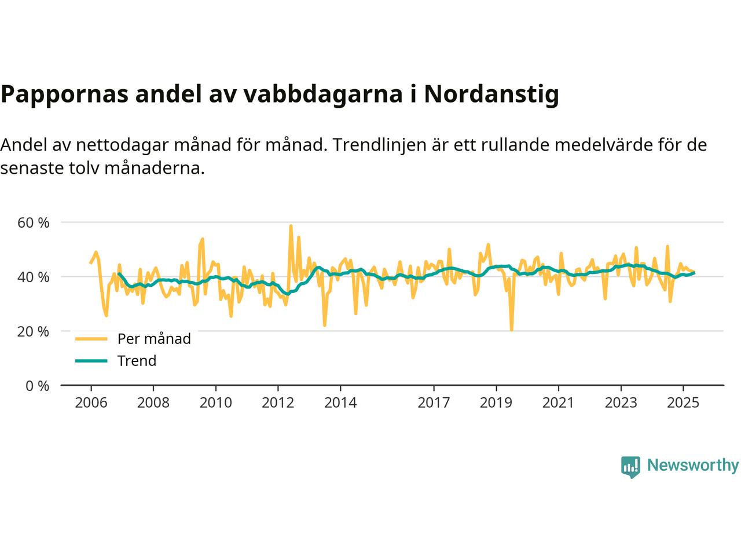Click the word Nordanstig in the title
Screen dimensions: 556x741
[x=491, y=94]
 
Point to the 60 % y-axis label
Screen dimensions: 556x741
[x=34, y=222]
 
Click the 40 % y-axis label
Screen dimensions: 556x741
[x=34, y=277]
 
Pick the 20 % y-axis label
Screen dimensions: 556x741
[x=34, y=331]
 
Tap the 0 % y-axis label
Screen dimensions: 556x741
[x=38, y=386]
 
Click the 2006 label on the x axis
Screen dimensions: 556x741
[x=91, y=403]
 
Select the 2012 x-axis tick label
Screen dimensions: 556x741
[x=278, y=403]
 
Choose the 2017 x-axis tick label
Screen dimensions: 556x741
[x=434, y=403]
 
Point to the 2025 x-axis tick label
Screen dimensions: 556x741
[x=683, y=403]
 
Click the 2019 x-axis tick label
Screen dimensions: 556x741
[x=496, y=403]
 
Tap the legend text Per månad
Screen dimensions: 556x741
[x=154, y=339]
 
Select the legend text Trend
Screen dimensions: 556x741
[x=137, y=361]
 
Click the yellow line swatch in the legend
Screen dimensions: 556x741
[x=91, y=339]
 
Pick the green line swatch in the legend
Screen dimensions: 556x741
[x=91, y=361]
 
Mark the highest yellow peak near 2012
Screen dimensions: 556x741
[x=291, y=226]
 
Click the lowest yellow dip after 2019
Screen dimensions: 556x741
[x=512, y=330]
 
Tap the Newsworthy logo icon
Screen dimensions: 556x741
[x=630, y=466]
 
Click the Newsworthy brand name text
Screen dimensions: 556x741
[x=692, y=466]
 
